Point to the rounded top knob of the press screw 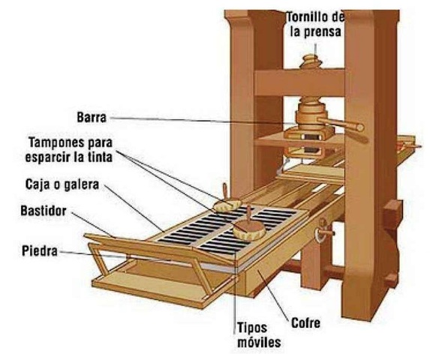(x=309, y=60)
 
